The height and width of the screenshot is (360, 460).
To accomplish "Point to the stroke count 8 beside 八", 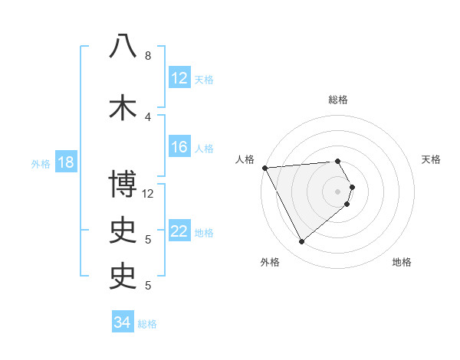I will click(148, 56).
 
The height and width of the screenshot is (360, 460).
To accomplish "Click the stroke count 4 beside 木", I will click(148, 116).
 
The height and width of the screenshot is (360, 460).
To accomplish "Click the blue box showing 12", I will click(179, 78).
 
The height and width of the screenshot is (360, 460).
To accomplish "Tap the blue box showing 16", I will click(179, 147).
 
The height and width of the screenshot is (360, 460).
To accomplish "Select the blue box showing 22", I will click(179, 231).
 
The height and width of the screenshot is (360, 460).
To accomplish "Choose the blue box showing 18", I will click(65, 162).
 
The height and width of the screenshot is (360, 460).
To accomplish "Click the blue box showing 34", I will click(122, 322).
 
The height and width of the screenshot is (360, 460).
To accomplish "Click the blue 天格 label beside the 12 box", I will click(204, 79).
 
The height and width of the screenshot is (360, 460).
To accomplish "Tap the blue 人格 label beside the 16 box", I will click(204, 148).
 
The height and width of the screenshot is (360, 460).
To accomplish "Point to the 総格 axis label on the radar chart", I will click(338, 100).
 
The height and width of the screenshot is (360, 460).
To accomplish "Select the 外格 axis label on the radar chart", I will click(270, 262).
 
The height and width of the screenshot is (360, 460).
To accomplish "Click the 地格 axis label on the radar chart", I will click(402, 262).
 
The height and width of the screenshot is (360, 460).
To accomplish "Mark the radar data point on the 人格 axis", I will click(264, 167).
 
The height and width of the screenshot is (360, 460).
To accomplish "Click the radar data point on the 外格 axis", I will click(301, 242).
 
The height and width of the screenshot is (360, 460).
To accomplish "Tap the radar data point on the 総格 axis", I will click(338, 162).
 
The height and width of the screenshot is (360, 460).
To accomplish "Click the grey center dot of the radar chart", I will click(338, 191).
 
